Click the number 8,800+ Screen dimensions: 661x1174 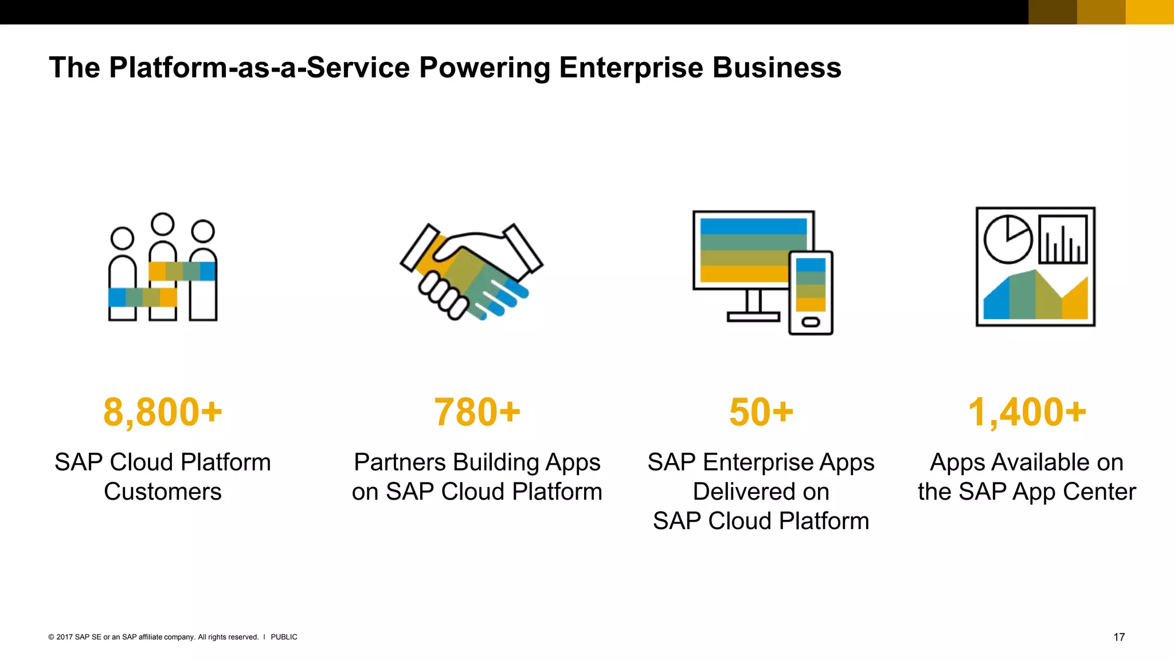163,412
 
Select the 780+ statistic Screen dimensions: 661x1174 477,412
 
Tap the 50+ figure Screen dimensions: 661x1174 761,412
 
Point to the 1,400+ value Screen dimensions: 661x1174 1027,412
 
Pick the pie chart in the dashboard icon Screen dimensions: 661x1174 1008,239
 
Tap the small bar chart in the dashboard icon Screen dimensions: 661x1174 1063,239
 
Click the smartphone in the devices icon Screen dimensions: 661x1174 811,293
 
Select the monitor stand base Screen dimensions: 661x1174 753,316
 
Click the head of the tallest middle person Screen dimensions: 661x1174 163,224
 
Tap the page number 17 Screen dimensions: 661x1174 1119,637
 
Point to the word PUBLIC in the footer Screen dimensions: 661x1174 284,637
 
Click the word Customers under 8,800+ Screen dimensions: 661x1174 163,492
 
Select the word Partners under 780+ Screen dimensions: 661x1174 400,462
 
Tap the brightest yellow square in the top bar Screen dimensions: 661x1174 1149,12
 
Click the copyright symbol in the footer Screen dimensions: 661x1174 51,637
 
